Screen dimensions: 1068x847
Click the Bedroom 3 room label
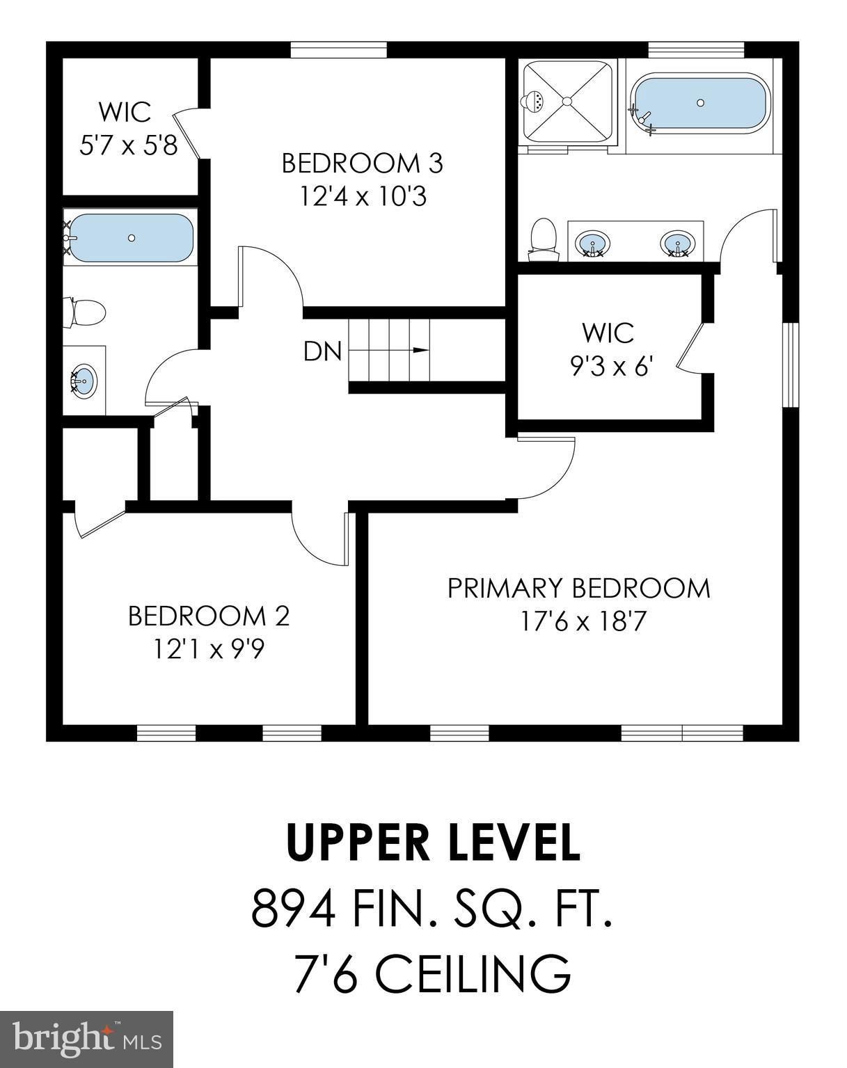362,164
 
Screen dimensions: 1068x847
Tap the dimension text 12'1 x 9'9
208,649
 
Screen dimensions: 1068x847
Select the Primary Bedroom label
578,588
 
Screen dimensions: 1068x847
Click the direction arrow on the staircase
420,350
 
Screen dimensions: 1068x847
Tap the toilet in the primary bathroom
543,238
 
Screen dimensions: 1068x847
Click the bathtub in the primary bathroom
700,103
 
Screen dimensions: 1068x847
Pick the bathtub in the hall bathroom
131,237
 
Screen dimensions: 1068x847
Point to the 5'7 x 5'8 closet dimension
129,145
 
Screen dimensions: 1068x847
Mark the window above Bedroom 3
338,50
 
